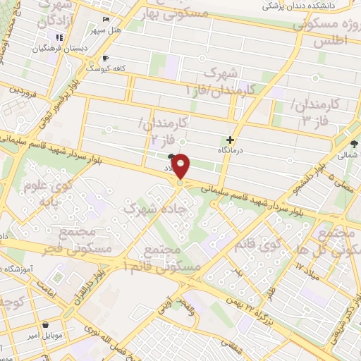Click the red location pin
tap(182, 166)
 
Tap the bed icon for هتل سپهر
tap(105, 19)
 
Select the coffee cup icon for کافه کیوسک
tap(105, 58)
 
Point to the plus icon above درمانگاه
tap(231, 140)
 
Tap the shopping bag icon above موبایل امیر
tap(46, 325)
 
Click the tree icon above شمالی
tap(353, 144)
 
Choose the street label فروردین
tap(23, 91)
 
